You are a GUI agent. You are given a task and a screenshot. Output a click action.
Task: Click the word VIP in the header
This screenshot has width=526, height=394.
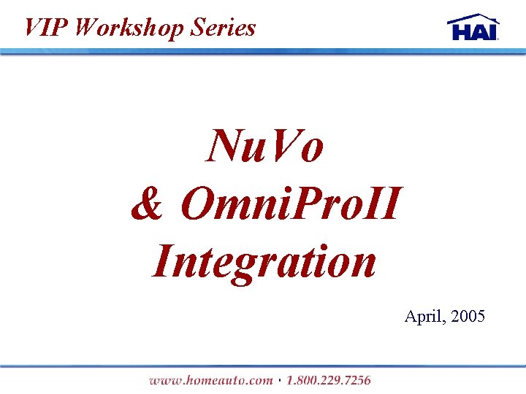(45, 28)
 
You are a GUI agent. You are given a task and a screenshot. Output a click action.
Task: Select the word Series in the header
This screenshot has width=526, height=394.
(224, 28)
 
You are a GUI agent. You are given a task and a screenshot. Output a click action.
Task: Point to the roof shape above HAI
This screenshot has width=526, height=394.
(473, 18)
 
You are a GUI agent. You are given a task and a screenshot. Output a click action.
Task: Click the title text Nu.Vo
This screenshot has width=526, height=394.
(264, 146)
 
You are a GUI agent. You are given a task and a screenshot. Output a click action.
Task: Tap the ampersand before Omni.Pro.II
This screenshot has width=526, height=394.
(148, 204)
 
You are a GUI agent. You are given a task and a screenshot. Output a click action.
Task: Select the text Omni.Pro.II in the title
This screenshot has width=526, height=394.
(290, 204)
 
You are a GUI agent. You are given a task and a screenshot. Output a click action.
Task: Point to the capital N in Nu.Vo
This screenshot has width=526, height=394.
(224, 146)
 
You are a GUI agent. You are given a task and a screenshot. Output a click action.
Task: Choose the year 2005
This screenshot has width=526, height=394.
(468, 317)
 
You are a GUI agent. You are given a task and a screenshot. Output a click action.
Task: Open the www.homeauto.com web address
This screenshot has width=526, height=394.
(210, 379)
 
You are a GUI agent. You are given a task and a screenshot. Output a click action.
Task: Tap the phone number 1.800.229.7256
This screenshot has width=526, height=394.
(328, 379)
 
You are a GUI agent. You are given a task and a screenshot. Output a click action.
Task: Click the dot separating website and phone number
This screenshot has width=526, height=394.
(280, 380)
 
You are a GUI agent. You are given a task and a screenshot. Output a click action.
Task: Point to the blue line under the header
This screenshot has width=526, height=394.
(263, 52)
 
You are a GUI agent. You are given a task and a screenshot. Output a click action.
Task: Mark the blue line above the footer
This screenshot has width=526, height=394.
(263, 366)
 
